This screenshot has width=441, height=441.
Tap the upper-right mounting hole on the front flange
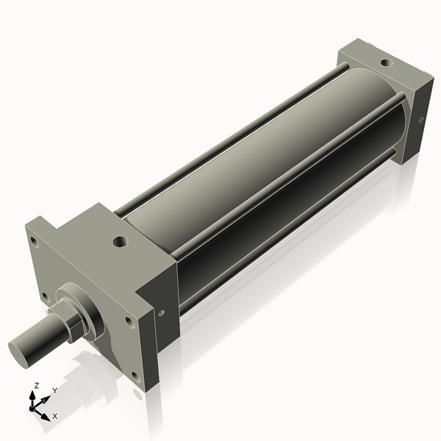pyautogui.click(x=129, y=322)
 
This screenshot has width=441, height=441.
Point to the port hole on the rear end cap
pyautogui.click(x=385, y=62)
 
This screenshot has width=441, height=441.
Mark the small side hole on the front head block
pyautogui.click(x=161, y=313)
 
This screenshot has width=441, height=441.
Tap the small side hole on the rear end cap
pyautogui.click(x=420, y=119)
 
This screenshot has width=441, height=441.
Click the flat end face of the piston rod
pyautogui.click(x=21, y=348)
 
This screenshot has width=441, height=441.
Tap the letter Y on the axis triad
pyautogui.click(x=55, y=391)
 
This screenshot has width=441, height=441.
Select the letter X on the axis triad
pyautogui.click(x=54, y=416)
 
